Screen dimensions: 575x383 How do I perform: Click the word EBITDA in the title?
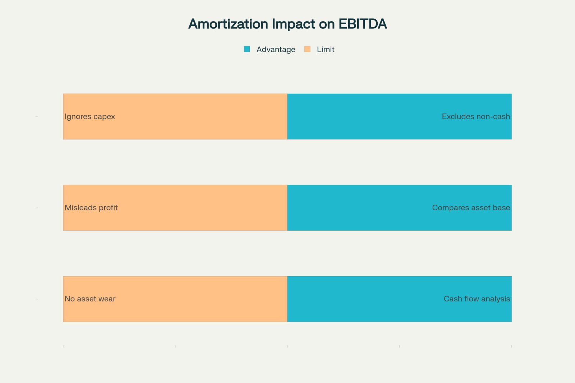point(363,24)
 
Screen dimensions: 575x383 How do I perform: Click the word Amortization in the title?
point(228,24)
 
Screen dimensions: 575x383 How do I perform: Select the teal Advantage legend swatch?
point(247,49)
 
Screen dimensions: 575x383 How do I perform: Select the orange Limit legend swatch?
point(307,49)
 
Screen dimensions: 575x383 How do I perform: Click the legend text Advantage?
point(276,49)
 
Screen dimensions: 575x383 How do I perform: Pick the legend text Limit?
point(326,49)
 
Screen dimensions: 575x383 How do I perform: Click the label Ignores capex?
point(90,116)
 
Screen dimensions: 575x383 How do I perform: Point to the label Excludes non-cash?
point(476,116)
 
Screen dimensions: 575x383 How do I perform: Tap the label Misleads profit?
point(91,208)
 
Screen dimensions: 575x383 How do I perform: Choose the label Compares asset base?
point(471,208)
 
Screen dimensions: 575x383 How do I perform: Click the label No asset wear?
point(90,299)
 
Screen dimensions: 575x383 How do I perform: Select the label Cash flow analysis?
point(477,299)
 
